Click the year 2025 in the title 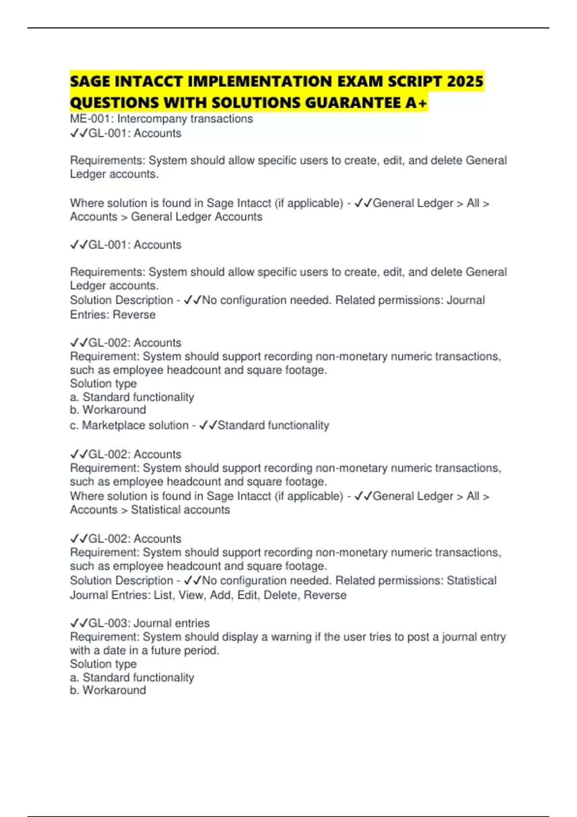[x=464, y=81]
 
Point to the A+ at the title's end [x=416, y=103]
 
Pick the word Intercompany [x=152, y=119]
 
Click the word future [x=168, y=650]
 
